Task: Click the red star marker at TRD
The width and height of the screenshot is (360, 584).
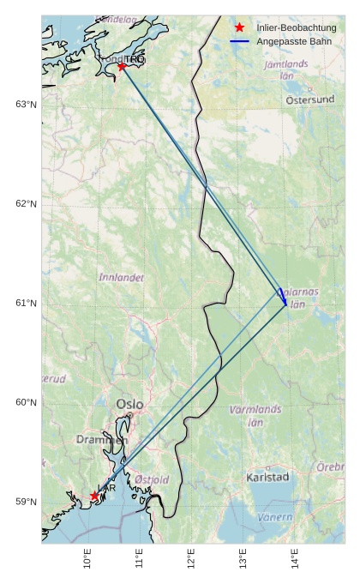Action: click(122, 66)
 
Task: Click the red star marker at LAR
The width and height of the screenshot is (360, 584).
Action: click(94, 496)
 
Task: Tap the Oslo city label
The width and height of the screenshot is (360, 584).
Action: click(130, 404)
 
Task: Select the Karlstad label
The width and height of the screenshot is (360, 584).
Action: click(267, 477)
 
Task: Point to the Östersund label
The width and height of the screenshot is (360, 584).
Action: click(309, 99)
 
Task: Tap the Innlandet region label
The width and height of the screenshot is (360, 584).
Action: click(122, 278)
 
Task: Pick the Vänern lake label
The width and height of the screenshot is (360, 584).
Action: click(275, 517)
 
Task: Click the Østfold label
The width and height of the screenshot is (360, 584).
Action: click(152, 479)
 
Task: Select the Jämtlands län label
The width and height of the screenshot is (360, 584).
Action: click(286, 69)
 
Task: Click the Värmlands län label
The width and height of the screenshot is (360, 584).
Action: click(255, 415)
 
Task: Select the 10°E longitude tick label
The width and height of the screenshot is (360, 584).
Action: click(87, 558)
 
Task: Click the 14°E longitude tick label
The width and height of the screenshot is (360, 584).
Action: click(295, 558)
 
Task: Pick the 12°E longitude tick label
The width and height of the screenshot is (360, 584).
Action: click(191, 558)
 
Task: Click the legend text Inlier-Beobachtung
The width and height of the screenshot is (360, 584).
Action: click(296, 28)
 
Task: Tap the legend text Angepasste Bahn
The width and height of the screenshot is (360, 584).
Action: click(293, 41)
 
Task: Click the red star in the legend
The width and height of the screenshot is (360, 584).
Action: click(239, 28)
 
